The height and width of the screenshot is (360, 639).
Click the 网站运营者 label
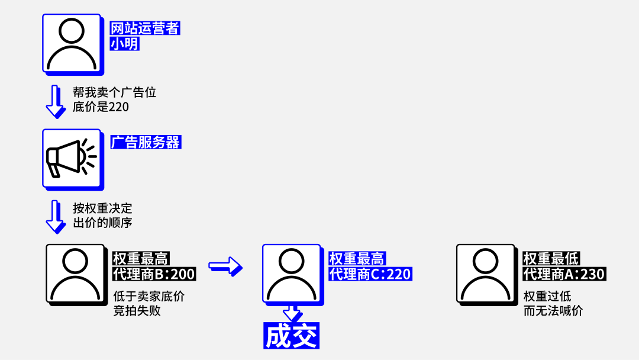(145, 28)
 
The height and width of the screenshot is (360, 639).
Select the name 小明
(125, 43)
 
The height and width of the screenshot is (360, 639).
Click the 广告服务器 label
(146, 142)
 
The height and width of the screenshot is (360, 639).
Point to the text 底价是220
(101, 107)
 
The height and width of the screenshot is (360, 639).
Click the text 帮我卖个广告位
(114, 92)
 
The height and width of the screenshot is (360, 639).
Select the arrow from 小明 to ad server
(55, 101)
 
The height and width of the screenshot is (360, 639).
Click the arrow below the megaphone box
(55, 217)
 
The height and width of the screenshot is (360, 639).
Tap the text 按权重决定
(102, 208)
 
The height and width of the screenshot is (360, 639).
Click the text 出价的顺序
(102, 223)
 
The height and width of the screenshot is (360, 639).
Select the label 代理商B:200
(154, 274)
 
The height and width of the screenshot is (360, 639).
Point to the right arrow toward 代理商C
(225, 266)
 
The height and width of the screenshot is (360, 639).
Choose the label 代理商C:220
(370, 274)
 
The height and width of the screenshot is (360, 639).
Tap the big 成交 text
(291, 336)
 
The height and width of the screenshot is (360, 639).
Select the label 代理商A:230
(564, 274)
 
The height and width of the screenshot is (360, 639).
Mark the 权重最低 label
(551, 258)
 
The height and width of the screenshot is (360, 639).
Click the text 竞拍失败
(137, 310)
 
